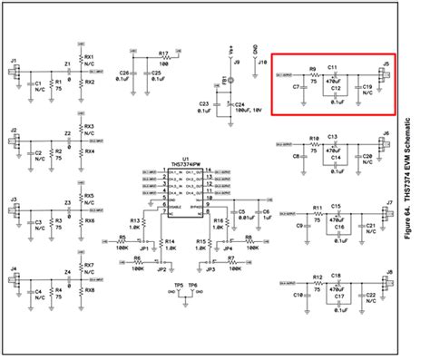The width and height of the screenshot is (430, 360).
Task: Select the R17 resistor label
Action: click(x=164, y=54)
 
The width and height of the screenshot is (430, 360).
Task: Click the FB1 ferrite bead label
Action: click(x=220, y=79)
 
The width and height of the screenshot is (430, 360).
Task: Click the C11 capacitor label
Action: click(x=333, y=67)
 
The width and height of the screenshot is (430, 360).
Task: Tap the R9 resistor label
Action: click(x=311, y=68)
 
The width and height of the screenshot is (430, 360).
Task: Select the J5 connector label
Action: click(x=386, y=63)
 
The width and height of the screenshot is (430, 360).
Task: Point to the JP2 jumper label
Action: click(x=161, y=269)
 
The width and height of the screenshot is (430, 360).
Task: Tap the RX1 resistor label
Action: click(x=89, y=56)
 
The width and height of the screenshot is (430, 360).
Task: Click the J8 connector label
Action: click(x=388, y=270)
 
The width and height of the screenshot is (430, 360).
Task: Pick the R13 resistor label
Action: click(x=135, y=220)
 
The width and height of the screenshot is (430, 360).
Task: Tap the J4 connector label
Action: click(x=13, y=269)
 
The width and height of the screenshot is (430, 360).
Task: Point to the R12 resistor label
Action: click(x=317, y=277)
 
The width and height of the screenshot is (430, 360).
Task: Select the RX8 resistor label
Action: click(x=89, y=290)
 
